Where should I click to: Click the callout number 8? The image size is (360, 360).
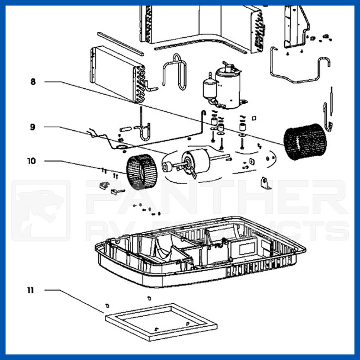tap(33, 81)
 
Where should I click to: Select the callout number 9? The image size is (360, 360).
tap(33, 127)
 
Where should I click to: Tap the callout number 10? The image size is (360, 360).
tap(31, 160)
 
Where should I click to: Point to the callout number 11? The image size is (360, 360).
tap(30, 290)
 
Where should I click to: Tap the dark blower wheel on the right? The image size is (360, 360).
tap(304, 142)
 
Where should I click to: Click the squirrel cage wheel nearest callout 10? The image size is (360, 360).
tap(140, 171)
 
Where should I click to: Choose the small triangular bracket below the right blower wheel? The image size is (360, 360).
tap(265, 184)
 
